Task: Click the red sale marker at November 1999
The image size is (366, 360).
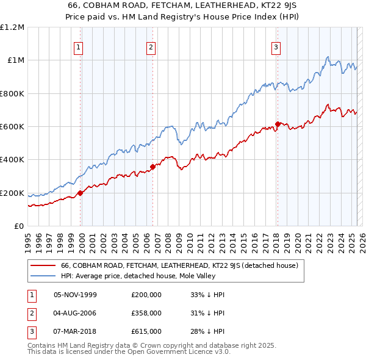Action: click(x=80, y=193)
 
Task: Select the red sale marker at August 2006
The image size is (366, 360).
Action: click(x=152, y=167)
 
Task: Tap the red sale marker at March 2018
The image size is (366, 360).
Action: click(x=277, y=124)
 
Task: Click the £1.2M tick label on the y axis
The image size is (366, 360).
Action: click(x=13, y=27)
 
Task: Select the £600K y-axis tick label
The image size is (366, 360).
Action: click(x=13, y=127)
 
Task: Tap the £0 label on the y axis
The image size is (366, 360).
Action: click(x=20, y=226)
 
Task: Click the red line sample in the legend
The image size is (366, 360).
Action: click(x=42, y=265)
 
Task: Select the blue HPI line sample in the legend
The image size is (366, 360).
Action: click(x=42, y=276)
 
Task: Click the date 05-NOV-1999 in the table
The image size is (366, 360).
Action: click(x=75, y=294)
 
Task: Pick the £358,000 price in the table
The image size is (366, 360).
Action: click(x=146, y=313)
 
